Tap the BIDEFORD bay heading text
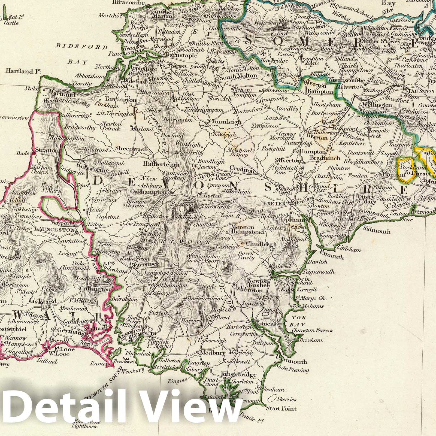point(81,47)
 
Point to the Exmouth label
point(332,256)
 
